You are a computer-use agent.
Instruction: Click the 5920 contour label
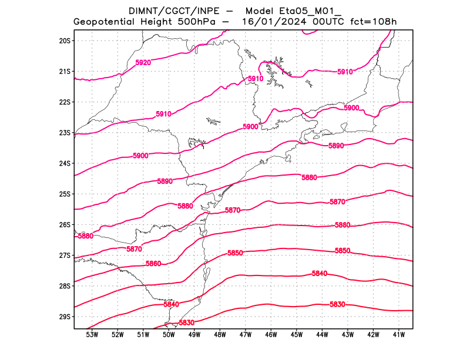pos(143,62)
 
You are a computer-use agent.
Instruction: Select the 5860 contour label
pos(153,264)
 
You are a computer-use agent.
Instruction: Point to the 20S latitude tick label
pos(65,41)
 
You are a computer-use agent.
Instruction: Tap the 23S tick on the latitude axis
pos(65,133)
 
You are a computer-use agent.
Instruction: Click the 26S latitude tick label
pos(65,225)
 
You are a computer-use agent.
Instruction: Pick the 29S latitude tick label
pos(65,317)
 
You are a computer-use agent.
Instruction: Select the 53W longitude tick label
pos(92,335)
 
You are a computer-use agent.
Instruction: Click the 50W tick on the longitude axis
pos(169,335)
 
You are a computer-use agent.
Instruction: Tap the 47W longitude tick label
pos(246,335)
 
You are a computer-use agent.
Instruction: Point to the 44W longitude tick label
pos(322,335)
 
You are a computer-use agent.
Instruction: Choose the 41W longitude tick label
pos(399,335)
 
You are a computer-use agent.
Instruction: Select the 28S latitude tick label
pos(65,286)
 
